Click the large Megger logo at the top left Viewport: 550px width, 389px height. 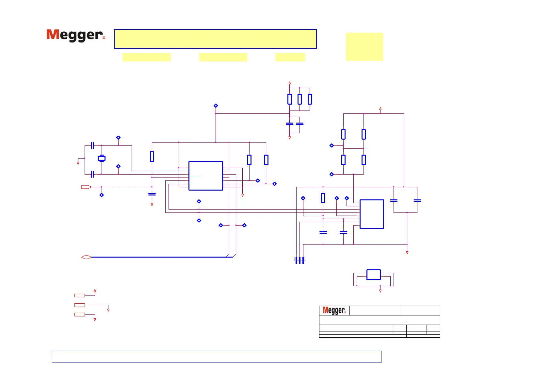pyautogui.click(x=75, y=35)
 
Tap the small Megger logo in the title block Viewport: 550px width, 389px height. pyautogui.click(x=334, y=310)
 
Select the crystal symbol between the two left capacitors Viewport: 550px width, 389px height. pyautogui.click(x=102, y=159)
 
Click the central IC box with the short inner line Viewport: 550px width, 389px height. pyautogui.click(x=206, y=176)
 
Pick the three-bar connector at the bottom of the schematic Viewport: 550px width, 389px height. pyautogui.click(x=300, y=260)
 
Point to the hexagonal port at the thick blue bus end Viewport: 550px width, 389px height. pyautogui.click(x=86, y=257)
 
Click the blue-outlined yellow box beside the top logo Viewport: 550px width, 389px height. pyautogui.click(x=215, y=39)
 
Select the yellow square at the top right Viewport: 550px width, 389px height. pyautogui.click(x=364, y=46)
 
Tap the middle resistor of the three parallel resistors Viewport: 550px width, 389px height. pyautogui.click(x=299, y=99)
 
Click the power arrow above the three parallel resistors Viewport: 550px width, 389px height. pyautogui.click(x=290, y=83)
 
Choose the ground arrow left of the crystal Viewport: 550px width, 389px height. pyautogui.click(x=78, y=163)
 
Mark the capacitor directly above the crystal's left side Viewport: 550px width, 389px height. pyautogui.click(x=92, y=145)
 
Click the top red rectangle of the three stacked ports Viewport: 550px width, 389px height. pyautogui.click(x=80, y=296)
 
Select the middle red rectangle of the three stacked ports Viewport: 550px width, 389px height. pyautogui.click(x=80, y=305)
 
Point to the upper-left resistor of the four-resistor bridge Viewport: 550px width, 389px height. pyautogui.click(x=343, y=134)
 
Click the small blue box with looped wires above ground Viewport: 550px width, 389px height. pyautogui.click(x=373, y=275)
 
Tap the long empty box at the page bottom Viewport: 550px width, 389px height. pyautogui.click(x=217, y=357)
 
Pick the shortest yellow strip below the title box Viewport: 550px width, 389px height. pyautogui.click(x=290, y=57)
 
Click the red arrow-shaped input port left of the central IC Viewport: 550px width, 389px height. pyautogui.click(x=86, y=187)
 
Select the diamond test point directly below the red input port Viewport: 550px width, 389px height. pyautogui.click(x=102, y=195)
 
